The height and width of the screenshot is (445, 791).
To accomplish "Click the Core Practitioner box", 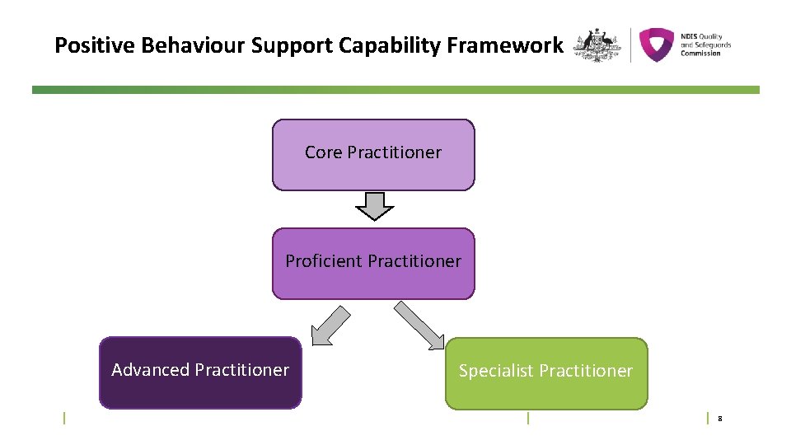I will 373,155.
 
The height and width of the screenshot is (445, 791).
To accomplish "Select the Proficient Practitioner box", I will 373,264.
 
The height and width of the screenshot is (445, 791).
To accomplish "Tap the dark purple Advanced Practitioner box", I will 200,372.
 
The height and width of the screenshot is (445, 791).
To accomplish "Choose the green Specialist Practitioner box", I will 545,373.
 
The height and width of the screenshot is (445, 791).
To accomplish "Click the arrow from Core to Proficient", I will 374,206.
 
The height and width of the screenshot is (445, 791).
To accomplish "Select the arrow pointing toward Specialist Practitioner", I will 419,325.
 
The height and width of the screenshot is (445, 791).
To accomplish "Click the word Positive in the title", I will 96,45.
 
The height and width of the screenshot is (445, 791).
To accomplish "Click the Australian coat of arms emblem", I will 597,44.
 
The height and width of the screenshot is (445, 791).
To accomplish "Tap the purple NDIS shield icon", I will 657,44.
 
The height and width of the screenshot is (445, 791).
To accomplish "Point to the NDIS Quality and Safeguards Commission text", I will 705,44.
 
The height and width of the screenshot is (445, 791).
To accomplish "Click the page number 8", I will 719,419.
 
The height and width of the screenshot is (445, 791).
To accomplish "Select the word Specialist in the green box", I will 496,371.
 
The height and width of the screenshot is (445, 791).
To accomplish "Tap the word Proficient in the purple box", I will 325,261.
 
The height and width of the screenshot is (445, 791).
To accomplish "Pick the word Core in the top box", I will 324,152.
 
